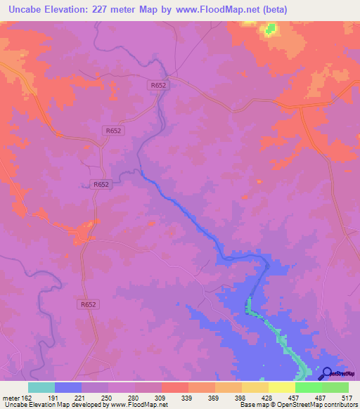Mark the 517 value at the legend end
coord(347,398)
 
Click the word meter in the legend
coord(11,398)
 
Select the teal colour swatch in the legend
coord(41,388)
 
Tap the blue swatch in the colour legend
coord(68,388)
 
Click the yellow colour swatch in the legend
coord(255,388)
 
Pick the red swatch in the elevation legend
coord(175,388)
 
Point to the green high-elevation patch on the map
coord(269,30)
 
